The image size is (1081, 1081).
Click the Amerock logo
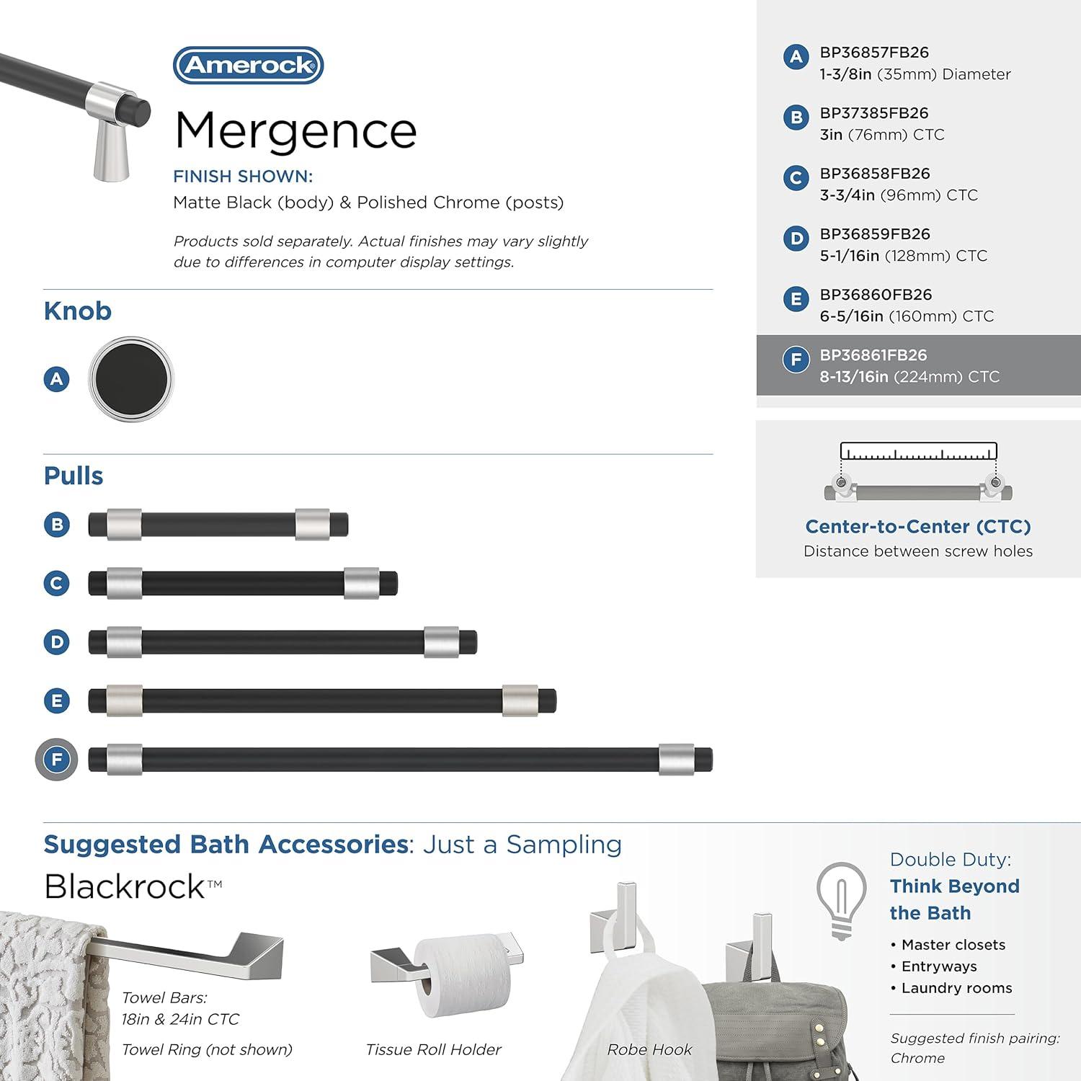(x=248, y=66)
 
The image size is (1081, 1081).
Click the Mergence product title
(x=295, y=131)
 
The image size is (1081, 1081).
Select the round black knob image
(x=131, y=378)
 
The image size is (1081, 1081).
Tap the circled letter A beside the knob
(x=57, y=379)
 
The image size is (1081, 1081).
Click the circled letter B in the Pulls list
(x=57, y=525)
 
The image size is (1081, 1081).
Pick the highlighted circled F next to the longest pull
(x=57, y=759)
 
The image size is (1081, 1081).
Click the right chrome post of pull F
(x=676, y=759)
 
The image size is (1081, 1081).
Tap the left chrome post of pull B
(x=124, y=525)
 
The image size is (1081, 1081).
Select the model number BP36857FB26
(x=873, y=53)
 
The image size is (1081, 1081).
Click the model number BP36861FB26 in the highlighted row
(x=873, y=355)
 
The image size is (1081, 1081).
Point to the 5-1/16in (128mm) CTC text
(x=903, y=256)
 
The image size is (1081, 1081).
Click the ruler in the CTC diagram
(x=918, y=452)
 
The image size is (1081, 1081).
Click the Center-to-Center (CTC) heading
(x=917, y=527)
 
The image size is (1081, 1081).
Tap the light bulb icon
(x=841, y=899)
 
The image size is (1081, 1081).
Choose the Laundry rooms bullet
(x=956, y=988)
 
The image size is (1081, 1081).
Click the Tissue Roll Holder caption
(x=433, y=1050)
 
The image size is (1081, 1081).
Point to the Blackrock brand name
(x=125, y=886)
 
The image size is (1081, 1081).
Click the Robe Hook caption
(x=649, y=1050)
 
